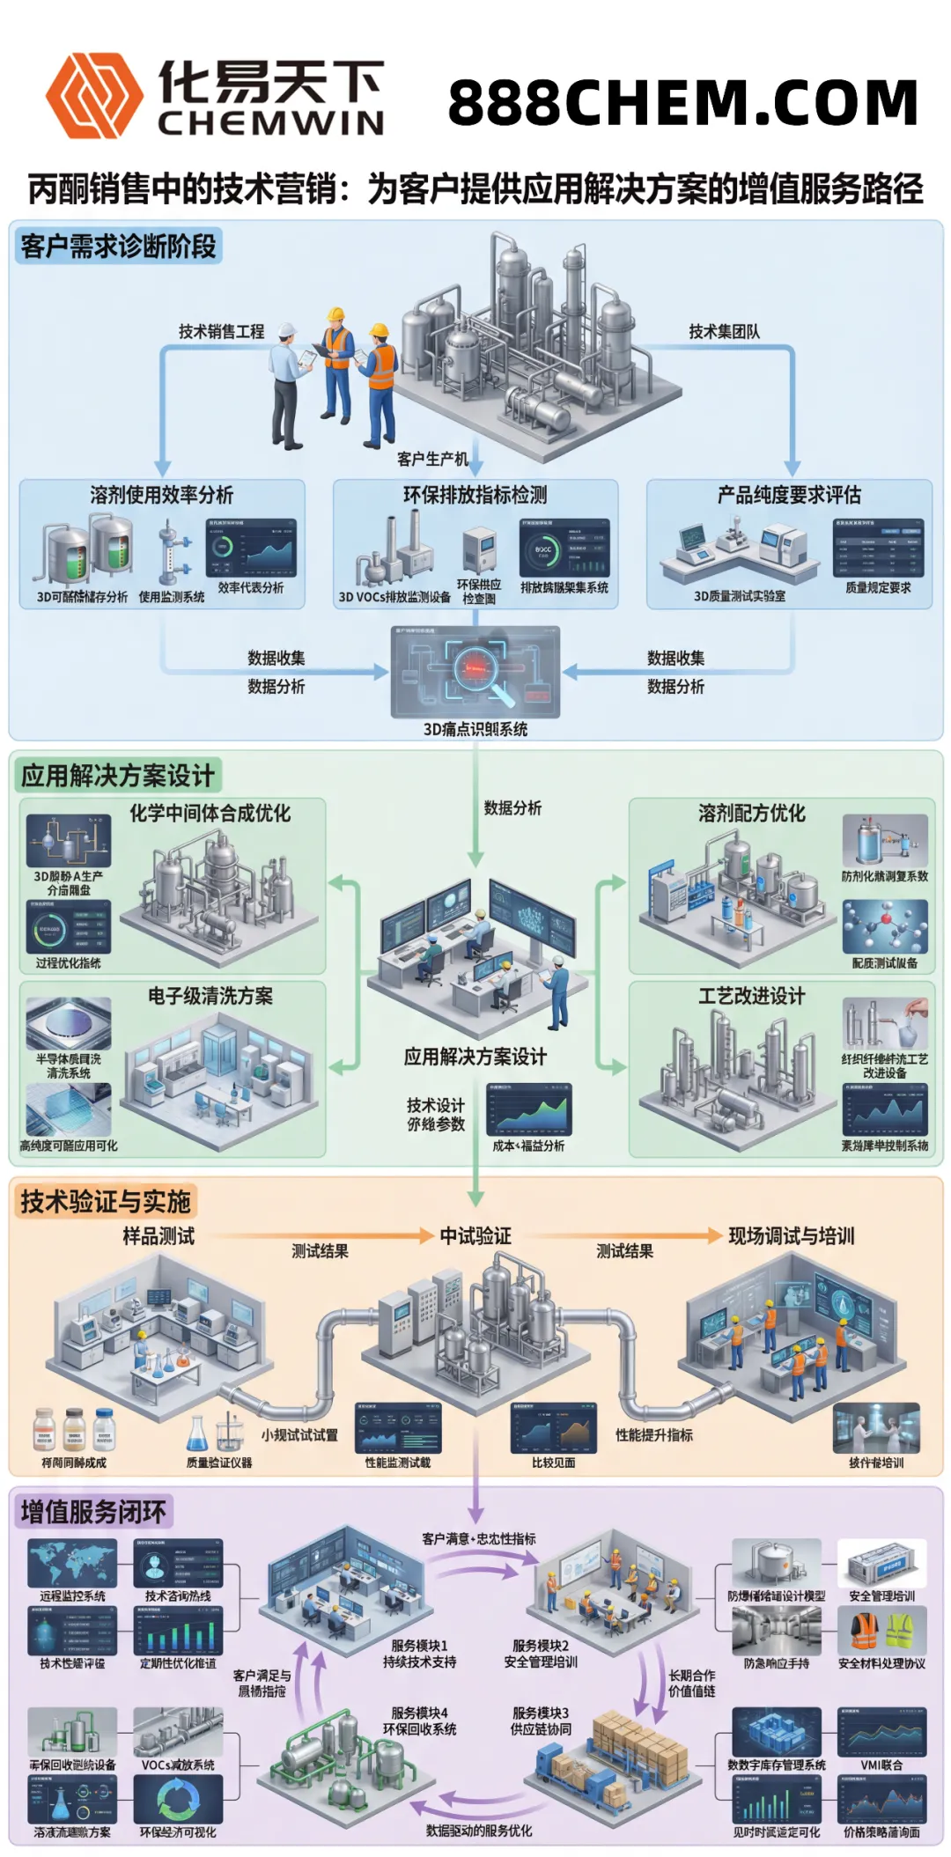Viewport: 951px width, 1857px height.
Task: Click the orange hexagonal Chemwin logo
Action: click(x=93, y=95)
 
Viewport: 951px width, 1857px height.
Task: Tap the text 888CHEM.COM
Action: click(x=682, y=102)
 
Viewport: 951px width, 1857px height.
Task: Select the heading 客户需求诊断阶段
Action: click(x=118, y=247)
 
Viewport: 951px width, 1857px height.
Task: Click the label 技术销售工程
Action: click(x=221, y=332)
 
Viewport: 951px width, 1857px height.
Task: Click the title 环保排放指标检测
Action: click(x=475, y=495)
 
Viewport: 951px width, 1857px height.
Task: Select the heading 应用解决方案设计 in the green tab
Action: click(x=118, y=776)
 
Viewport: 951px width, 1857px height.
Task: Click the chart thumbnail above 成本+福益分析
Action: click(x=529, y=1109)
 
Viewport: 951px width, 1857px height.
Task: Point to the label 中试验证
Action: click(x=475, y=1235)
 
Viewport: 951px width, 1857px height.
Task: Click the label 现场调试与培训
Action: click(x=791, y=1235)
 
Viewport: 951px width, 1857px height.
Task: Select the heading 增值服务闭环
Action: click(x=93, y=1512)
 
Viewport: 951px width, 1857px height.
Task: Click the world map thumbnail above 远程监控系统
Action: click(x=72, y=1564)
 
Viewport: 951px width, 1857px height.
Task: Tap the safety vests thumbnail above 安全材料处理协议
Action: click(x=881, y=1631)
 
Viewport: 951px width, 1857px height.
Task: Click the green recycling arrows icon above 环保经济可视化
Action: click(x=178, y=1800)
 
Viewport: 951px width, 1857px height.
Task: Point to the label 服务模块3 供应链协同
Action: click(x=541, y=1721)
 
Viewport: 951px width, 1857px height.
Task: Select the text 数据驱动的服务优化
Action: click(x=478, y=1830)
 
